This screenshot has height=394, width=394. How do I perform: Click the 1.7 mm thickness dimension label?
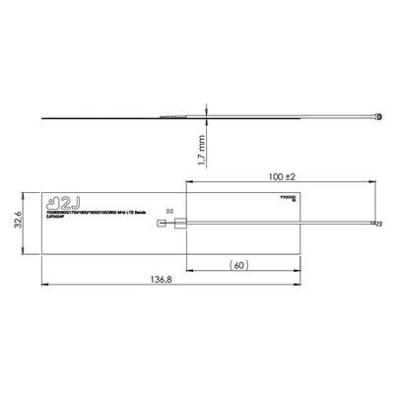200,151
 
